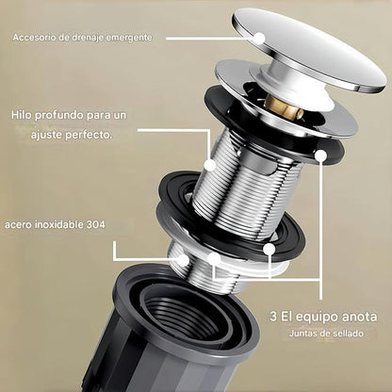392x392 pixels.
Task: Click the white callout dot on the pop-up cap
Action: click(259, 39)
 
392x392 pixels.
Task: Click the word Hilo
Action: click(22, 115)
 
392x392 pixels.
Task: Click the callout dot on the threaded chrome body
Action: click(209, 165)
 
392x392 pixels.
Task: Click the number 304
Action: click(95, 225)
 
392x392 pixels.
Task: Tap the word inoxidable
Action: click(58, 225)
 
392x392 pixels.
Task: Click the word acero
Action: click(18, 225)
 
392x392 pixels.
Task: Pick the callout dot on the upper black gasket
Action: click(320, 155)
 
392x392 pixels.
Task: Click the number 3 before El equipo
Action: click(273, 317)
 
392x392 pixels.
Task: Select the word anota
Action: click(358, 317)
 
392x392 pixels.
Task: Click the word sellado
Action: click(349, 333)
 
